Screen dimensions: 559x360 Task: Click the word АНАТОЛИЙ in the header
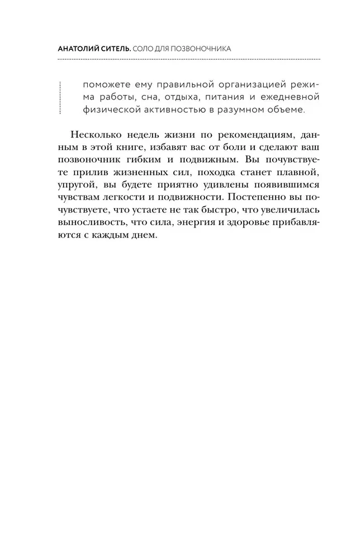tap(79, 49)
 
